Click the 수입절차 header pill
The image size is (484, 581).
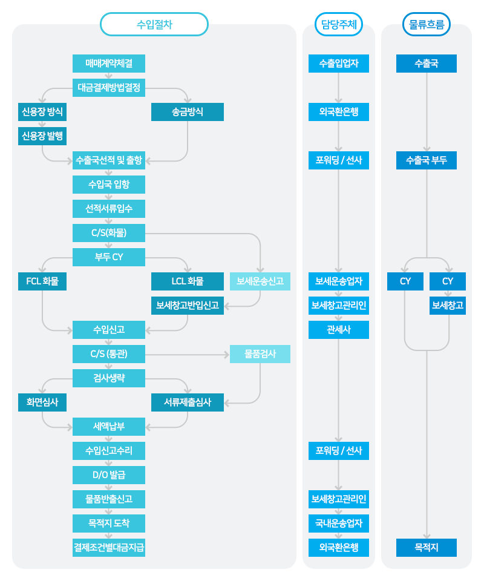pyautogui.click(x=154, y=24)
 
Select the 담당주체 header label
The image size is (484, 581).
pyautogui.click(x=338, y=24)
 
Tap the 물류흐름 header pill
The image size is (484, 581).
pyautogui.click(x=427, y=24)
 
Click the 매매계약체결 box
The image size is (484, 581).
pyautogui.click(x=109, y=64)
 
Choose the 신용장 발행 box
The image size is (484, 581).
pyautogui.click(x=42, y=136)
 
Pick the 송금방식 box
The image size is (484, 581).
pyautogui.click(x=188, y=112)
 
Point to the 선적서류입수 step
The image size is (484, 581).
pyautogui.click(x=109, y=209)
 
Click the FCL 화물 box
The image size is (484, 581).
pyautogui.click(x=42, y=281)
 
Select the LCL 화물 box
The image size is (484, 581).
pyautogui.click(x=188, y=281)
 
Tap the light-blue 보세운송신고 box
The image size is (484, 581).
pyautogui.click(x=260, y=281)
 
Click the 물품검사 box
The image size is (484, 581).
pyautogui.click(x=260, y=354)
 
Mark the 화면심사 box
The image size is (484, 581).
pyautogui.click(x=42, y=402)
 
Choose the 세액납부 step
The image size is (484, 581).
pyautogui.click(x=109, y=427)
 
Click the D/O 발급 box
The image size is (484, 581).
pyautogui.click(x=109, y=475)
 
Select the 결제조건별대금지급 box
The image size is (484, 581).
pyautogui.click(x=109, y=548)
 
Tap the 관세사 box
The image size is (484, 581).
pyautogui.click(x=339, y=330)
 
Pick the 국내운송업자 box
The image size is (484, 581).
pyautogui.click(x=339, y=523)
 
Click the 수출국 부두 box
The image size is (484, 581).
pyautogui.click(x=427, y=160)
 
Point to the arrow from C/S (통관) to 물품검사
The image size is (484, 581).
pyautogui.click(x=188, y=355)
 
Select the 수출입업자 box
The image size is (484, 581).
pyautogui.click(x=339, y=64)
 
